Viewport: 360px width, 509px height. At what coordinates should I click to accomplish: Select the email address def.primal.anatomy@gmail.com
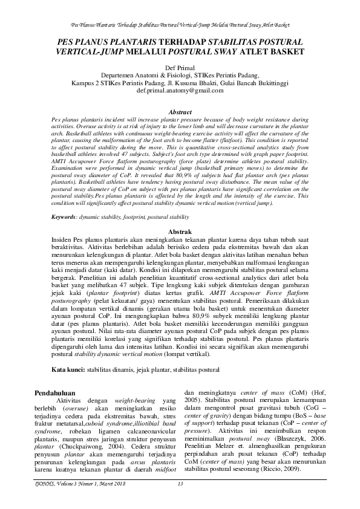click(180, 90)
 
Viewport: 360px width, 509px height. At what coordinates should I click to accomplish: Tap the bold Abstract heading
click(180, 112)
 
